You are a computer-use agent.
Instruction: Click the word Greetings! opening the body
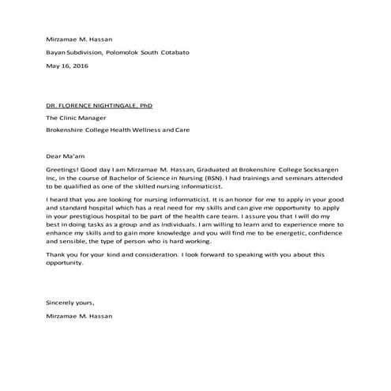coord(65,168)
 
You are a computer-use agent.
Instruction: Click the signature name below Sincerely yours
coord(80,316)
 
